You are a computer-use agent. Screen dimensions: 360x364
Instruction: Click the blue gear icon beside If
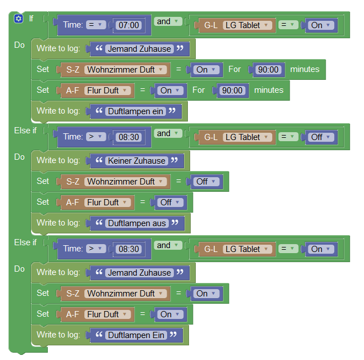coord(19,19)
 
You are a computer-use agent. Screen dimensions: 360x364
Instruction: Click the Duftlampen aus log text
coord(136,223)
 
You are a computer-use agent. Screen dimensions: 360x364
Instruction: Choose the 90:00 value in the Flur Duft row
coord(231,91)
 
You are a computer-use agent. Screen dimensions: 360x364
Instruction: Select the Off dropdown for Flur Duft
coord(169,202)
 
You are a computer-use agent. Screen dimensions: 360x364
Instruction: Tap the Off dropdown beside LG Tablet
coord(320,137)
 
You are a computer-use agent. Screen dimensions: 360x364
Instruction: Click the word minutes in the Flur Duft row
coord(269,90)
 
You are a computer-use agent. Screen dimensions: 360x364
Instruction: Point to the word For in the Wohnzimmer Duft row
coord(235,70)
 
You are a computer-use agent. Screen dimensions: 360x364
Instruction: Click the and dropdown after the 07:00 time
coord(168,22)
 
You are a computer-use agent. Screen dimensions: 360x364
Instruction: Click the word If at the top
coord(31,19)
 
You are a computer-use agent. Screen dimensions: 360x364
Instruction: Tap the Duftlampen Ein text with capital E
coord(136,335)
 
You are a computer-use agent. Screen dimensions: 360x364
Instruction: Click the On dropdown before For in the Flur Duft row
coord(169,91)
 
